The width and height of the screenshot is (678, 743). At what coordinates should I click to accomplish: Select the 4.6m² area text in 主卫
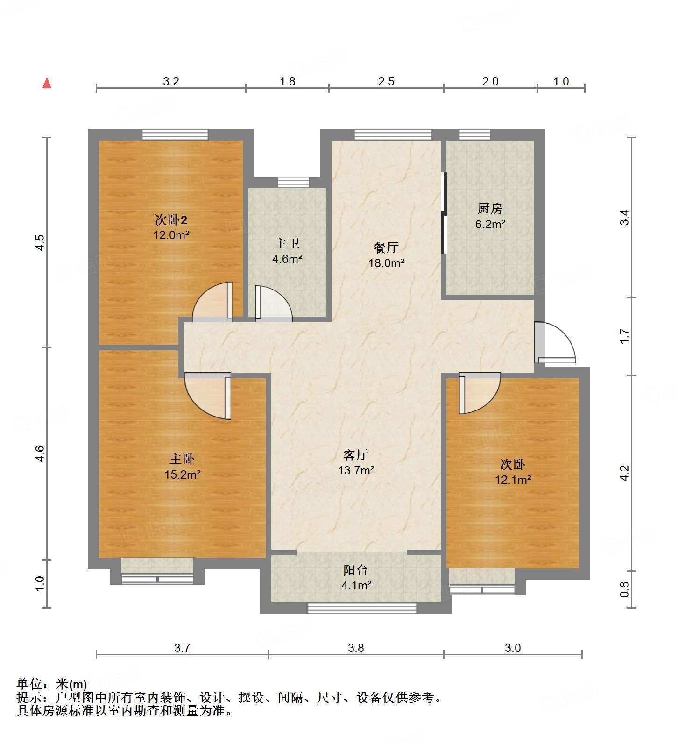click(x=288, y=258)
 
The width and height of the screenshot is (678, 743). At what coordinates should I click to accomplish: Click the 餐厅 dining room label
click(x=386, y=248)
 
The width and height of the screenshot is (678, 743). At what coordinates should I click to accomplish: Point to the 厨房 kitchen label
click(x=490, y=208)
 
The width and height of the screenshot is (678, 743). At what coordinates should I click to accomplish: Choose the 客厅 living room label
click(x=356, y=454)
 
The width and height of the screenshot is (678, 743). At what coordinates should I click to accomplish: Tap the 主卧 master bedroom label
click(x=182, y=459)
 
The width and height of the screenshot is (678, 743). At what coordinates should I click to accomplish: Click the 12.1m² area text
click(x=513, y=479)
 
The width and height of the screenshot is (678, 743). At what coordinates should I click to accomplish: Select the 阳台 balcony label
click(x=356, y=570)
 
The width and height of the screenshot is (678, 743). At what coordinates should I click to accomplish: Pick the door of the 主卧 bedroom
click(x=208, y=396)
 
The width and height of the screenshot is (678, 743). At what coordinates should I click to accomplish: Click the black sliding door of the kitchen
click(x=444, y=213)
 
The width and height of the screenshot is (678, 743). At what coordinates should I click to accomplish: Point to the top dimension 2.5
click(x=386, y=81)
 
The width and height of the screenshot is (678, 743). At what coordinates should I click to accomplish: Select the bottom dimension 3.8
click(x=356, y=648)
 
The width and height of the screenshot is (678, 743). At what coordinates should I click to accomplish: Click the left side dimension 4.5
click(x=40, y=242)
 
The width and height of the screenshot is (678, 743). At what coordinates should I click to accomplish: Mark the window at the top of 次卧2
click(x=175, y=135)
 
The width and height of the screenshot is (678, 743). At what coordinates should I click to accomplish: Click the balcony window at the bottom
click(x=361, y=608)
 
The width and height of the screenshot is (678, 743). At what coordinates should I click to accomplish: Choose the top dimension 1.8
click(x=287, y=81)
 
